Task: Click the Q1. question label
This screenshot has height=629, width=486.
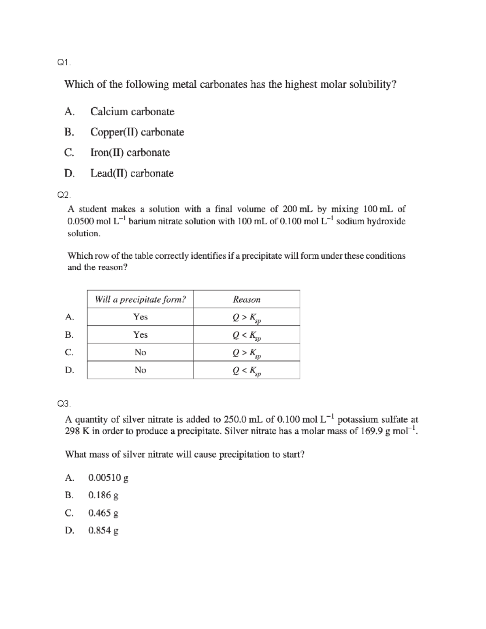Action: [64, 62]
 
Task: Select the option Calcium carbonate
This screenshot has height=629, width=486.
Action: [132, 111]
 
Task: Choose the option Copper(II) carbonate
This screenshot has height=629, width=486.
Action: [137, 132]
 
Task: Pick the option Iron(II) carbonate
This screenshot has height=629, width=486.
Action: [130, 153]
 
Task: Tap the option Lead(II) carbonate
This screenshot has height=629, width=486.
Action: [132, 173]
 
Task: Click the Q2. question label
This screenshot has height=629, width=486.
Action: [64, 195]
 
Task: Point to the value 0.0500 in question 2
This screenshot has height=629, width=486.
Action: [81, 222]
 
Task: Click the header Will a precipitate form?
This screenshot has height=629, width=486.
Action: [140, 299]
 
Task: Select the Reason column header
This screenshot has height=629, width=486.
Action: [246, 299]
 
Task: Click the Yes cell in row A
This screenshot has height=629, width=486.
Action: [140, 317]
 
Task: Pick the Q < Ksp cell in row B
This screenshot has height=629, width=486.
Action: [246, 335]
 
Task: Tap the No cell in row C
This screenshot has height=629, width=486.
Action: [140, 352]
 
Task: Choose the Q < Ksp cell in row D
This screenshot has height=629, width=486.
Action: [246, 371]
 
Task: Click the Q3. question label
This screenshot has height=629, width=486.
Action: [64, 403]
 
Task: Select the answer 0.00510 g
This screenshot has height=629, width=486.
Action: [108, 478]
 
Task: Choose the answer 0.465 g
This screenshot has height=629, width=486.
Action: [103, 513]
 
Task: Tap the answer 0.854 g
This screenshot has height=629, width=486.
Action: [103, 531]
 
